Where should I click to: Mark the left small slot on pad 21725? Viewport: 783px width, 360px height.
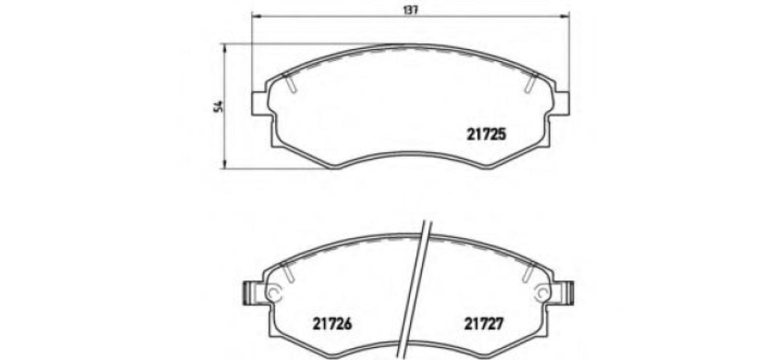[x=290, y=83]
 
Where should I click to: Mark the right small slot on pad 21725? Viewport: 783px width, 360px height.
[x=530, y=83]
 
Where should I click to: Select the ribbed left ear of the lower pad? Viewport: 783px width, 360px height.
[x=249, y=292]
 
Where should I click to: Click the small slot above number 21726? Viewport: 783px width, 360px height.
[x=286, y=273]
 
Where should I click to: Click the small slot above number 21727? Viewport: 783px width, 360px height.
[x=528, y=273]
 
